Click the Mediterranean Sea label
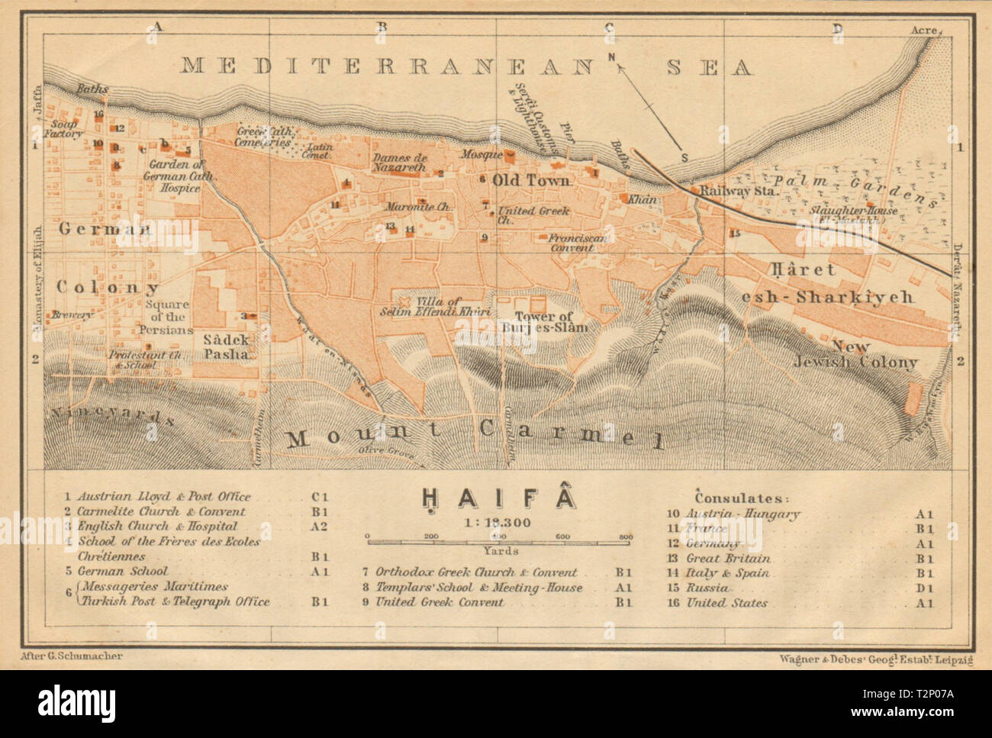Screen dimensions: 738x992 (x=466, y=66)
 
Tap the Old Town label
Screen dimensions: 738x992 (x=532, y=181)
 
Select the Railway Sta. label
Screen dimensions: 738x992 (x=736, y=192)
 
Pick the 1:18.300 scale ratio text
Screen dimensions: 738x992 (x=496, y=523)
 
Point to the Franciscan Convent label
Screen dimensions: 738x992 (x=581, y=243)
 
